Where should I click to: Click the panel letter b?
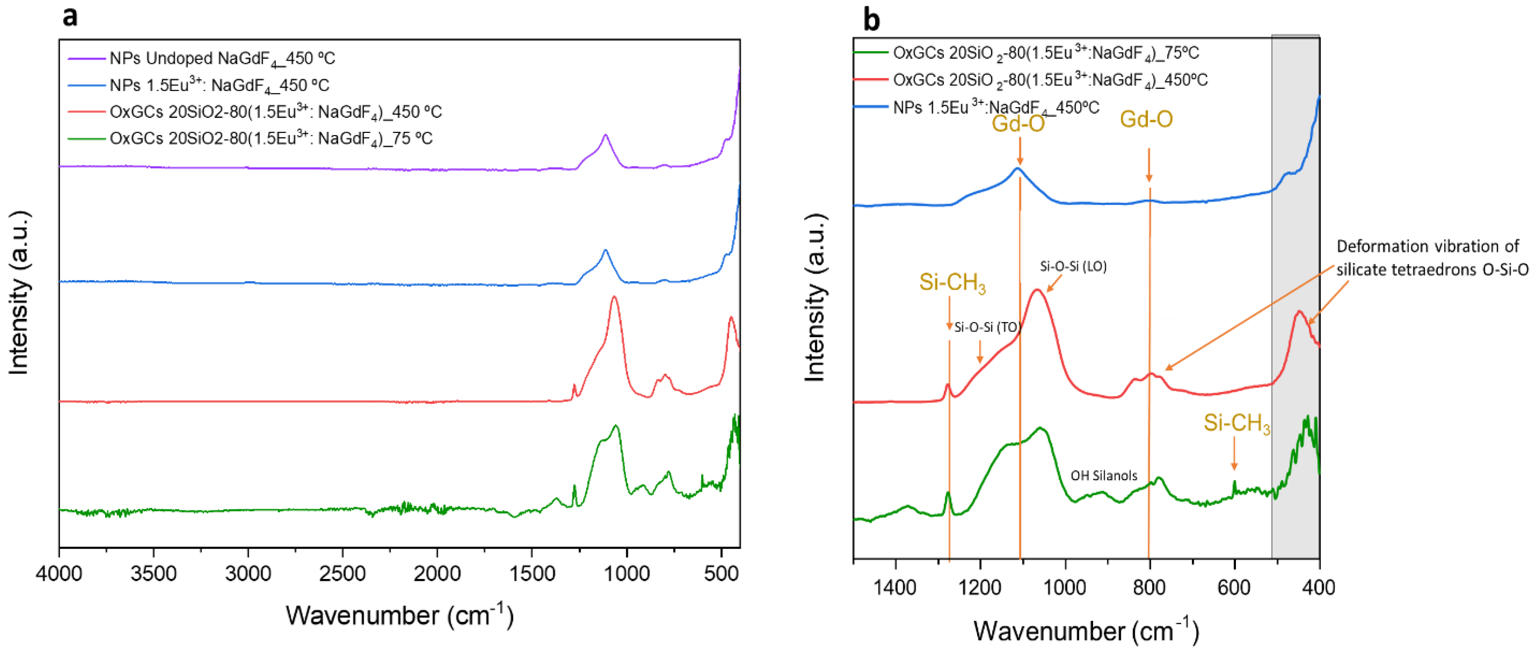(x=871, y=20)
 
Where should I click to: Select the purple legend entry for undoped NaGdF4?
(x=222, y=58)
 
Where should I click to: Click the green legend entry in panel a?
(x=270, y=139)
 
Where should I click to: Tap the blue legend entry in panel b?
(x=995, y=108)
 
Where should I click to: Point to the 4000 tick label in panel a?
(x=58, y=574)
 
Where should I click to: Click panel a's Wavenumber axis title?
(x=399, y=615)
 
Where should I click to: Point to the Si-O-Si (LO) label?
(x=1073, y=266)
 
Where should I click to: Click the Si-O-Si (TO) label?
(x=986, y=327)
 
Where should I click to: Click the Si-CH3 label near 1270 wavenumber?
(x=952, y=282)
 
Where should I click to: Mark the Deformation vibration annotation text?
(x=1432, y=258)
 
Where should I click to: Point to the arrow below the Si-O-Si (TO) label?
(x=980, y=352)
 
